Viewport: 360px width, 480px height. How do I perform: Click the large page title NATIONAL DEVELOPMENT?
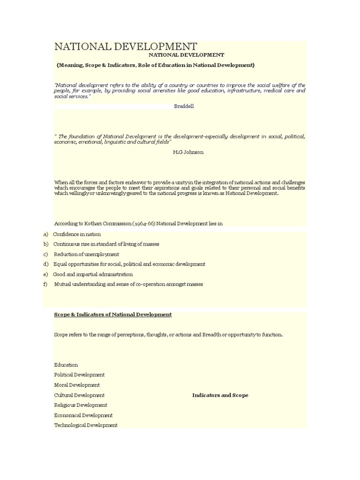[126, 46]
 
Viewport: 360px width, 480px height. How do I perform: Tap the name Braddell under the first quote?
[184, 106]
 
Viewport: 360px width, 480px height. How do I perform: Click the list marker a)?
[45, 234]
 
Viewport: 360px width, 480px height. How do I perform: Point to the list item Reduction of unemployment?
[86, 254]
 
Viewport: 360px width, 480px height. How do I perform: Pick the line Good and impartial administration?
[93, 274]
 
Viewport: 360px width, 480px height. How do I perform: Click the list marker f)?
[45, 284]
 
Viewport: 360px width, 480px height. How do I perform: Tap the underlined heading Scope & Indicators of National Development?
[113, 315]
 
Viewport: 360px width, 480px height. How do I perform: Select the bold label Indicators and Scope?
[220, 395]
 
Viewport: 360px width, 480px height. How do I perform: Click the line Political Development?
[79, 375]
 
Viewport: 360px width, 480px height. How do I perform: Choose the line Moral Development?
[77, 385]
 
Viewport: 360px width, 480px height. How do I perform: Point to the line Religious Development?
[81, 405]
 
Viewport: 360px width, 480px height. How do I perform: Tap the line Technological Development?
[86, 425]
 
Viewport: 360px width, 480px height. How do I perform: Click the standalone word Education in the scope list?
[66, 365]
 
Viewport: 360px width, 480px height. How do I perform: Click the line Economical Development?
[83, 415]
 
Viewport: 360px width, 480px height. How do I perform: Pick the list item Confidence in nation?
[77, 234]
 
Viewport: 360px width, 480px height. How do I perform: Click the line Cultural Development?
[79, 395]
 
